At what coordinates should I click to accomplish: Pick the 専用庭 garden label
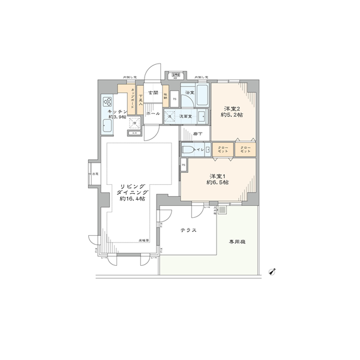236,242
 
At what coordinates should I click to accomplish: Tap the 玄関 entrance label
152,93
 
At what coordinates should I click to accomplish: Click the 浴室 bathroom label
189,94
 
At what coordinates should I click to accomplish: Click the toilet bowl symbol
188,150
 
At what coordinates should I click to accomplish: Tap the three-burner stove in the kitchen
109,101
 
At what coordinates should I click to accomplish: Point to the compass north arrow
273,271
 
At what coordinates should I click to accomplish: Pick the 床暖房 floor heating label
144,239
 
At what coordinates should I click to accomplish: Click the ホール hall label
153,113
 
